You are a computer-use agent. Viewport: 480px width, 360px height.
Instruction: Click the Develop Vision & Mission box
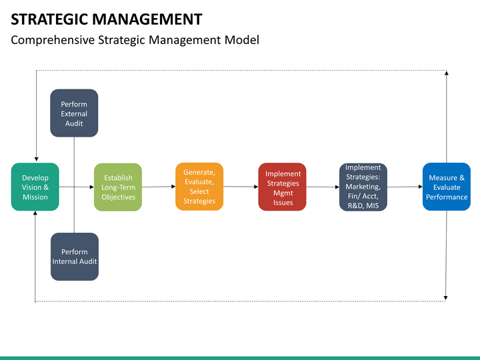point(35,187)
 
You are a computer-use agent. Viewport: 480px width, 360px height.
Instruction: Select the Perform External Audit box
point(74,113)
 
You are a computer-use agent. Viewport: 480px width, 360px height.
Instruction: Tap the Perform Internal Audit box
point(75,257)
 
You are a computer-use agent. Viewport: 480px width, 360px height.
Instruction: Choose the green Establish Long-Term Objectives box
point(118,187)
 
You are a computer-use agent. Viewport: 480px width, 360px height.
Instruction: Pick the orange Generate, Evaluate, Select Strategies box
point(199,187)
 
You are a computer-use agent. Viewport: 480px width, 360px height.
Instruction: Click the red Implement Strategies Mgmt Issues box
point(282,187)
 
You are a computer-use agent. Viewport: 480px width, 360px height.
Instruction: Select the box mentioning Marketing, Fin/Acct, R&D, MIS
point(363,187)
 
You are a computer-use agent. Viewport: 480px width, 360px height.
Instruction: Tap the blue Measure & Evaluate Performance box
point(447,187)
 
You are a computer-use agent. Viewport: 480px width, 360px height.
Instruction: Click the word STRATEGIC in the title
point(49,19)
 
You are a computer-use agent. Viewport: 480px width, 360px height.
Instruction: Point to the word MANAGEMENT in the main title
point(147,19)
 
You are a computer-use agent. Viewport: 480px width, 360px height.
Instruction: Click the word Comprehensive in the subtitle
point(53,41)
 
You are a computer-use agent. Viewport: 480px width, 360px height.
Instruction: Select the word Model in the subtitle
point(241,40)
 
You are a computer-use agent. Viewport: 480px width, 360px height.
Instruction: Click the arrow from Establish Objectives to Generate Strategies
point(159,187)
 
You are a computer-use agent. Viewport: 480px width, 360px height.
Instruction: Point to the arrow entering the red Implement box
point(241,187)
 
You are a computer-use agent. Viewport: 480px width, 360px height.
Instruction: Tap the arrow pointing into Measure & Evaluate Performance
point(405,187)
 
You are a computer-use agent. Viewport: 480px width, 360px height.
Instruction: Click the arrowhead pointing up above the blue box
point(447,73)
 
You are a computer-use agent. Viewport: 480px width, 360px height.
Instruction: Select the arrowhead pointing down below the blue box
point(446,298)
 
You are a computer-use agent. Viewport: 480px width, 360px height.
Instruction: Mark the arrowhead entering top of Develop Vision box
point(37,159)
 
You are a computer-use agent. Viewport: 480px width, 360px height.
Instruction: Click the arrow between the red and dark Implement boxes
point(323,187)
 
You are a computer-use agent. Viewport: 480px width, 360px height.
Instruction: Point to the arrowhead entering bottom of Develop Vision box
point(35,213)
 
